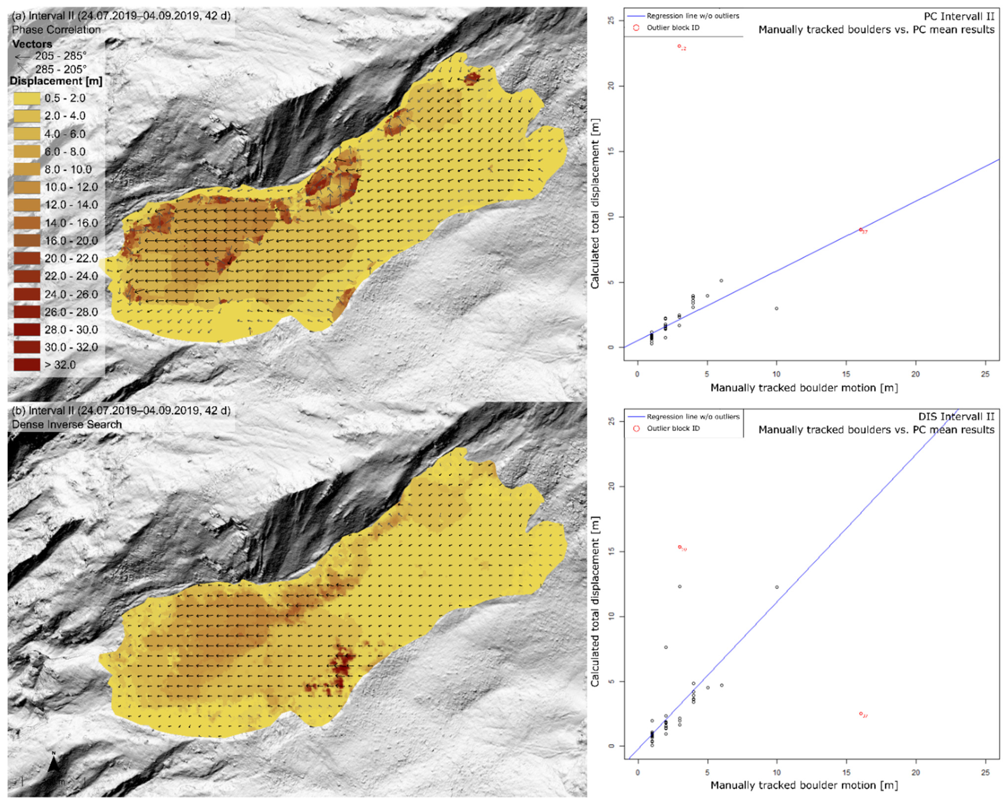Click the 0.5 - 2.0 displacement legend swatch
pos(27,98)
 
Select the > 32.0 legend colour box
pos(27,365)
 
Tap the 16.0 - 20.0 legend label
pos(71,241)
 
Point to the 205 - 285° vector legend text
pos(61,56)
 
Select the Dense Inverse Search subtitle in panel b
pos(67,424)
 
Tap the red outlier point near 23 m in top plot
pos(679,46)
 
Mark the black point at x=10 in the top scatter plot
pos(776,308)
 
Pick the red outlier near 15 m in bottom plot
pos(680,547)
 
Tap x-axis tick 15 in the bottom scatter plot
pos(846,772)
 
